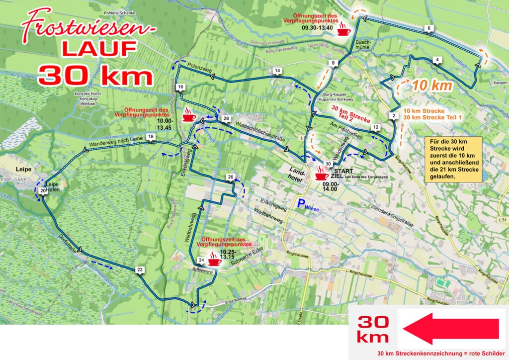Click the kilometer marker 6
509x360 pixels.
tap(428, 28)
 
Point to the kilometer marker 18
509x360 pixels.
tap(151, 137)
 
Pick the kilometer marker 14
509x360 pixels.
tap(277, 71)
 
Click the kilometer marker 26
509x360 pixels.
tap(230, 178)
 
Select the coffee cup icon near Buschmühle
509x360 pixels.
tap(343, 30)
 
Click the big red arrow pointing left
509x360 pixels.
tap(450, 328)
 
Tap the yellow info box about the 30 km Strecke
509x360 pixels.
tap(454, 159)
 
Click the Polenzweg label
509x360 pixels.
tap(197, 66)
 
